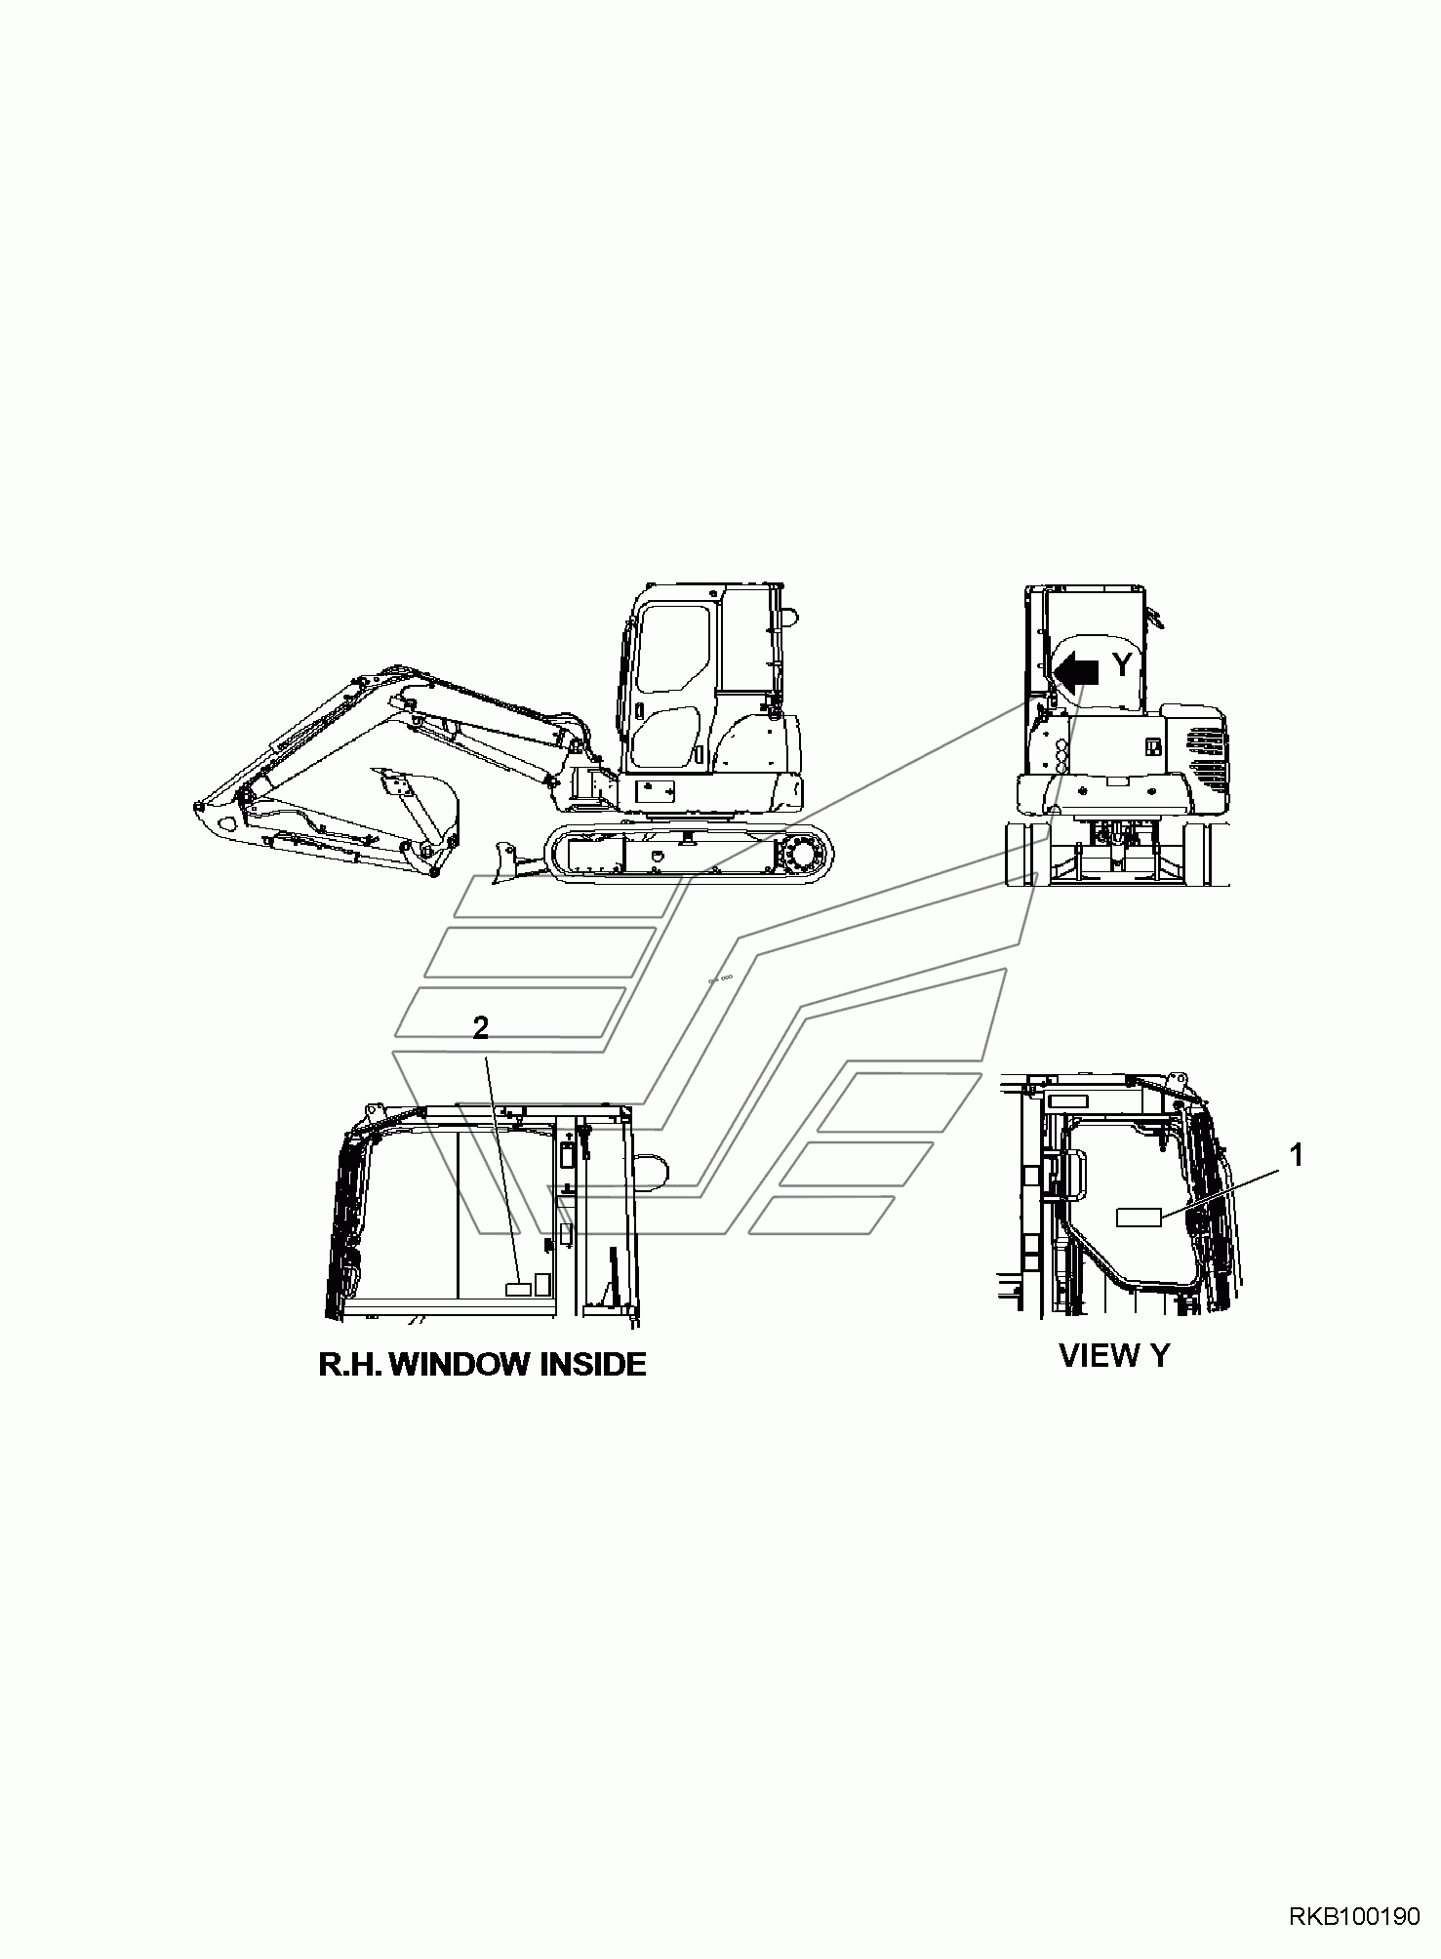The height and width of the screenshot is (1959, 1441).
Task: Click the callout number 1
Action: pos(1296,1156)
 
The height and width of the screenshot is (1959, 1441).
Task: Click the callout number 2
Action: pos(480,1028)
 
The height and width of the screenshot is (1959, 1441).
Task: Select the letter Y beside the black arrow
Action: pos(1123,665)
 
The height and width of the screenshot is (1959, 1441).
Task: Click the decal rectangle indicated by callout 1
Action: pos(1139,1216)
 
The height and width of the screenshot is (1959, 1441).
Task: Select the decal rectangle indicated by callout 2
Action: pos(516,1289)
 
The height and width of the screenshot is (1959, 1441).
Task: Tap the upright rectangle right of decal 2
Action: pos(543,1283)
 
